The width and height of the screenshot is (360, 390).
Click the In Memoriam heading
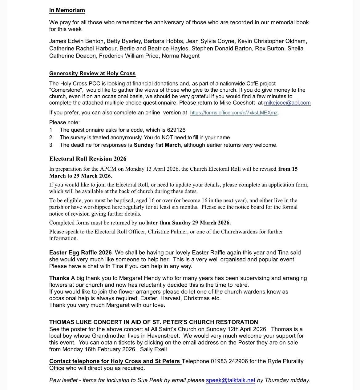(x=67, y=10)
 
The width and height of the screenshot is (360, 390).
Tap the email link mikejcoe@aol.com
(x=287, y=103)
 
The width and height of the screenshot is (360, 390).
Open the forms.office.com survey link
(x=234, y=113)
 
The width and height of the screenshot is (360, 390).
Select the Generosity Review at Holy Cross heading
(x=92, y=74)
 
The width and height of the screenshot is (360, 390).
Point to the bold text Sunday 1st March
(x=157, y=145)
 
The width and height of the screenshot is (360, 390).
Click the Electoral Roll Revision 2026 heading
(x=88, y=159)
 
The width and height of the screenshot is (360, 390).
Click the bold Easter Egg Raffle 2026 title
(x=80, y=253)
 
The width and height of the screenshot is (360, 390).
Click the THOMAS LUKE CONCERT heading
(x=153, y=322)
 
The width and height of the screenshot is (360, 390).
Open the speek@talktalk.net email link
(x=231, y=380)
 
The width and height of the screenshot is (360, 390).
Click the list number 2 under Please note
(x=51, y=137)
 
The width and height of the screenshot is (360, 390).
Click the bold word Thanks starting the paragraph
(x=59, y=278)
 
